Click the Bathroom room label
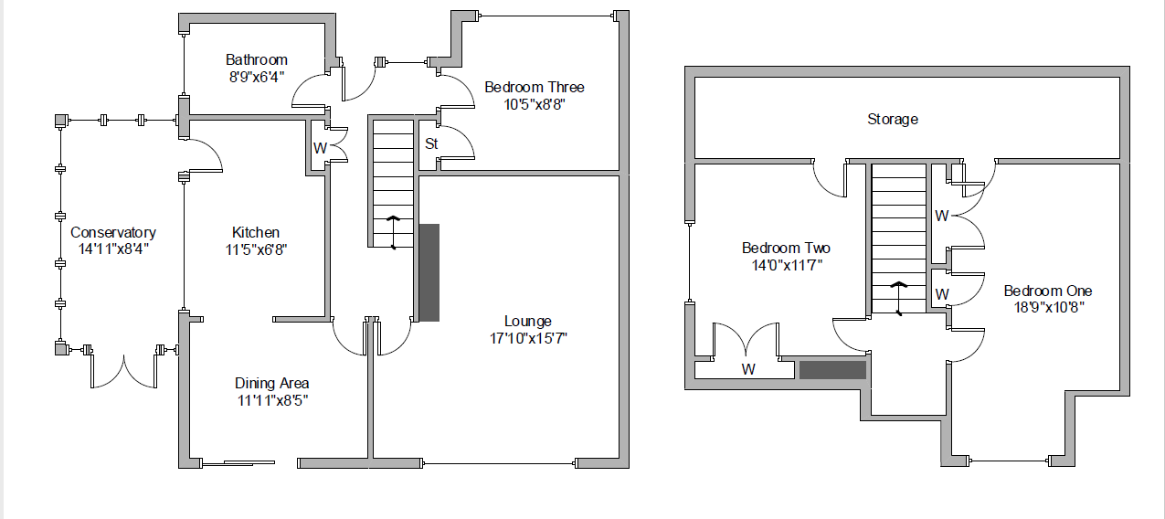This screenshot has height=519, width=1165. (257, 59)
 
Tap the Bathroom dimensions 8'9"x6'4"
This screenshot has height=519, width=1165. (257, 77)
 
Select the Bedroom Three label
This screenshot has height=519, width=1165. (535, 87)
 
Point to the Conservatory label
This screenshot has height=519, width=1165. (113, 232)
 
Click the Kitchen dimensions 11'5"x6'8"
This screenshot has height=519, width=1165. (256, 249)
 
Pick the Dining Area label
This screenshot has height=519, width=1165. (272, 383)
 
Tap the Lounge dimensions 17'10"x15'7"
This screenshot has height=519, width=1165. (528, 339)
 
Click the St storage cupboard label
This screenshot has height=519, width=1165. (431, 143)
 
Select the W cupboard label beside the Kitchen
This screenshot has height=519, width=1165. (320, 148)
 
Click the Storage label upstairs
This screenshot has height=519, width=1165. (893, 120)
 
